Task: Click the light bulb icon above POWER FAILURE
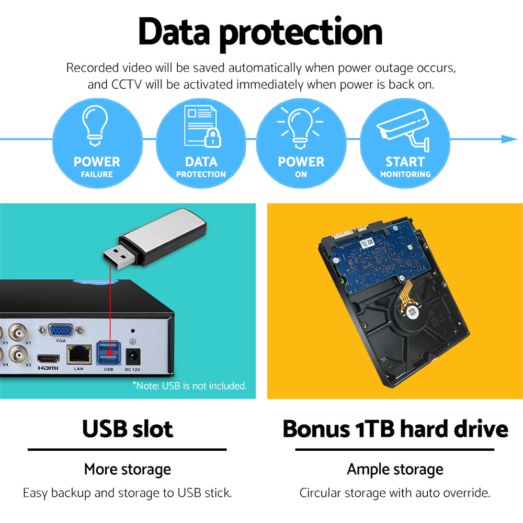[x=97, y=124]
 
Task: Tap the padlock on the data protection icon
[x=212, y=138]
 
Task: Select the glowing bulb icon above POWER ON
[x=300, y=126]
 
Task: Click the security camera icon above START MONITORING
[x=403, y=129]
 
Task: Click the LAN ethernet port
[x=78, y=355]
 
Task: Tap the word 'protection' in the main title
[x=300, y=32]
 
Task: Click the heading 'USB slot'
[x=127, y=429]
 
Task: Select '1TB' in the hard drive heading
[x=374, y=429]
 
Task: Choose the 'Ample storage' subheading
[x=395, y=469]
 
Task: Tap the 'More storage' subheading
[x=127, y=469]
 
